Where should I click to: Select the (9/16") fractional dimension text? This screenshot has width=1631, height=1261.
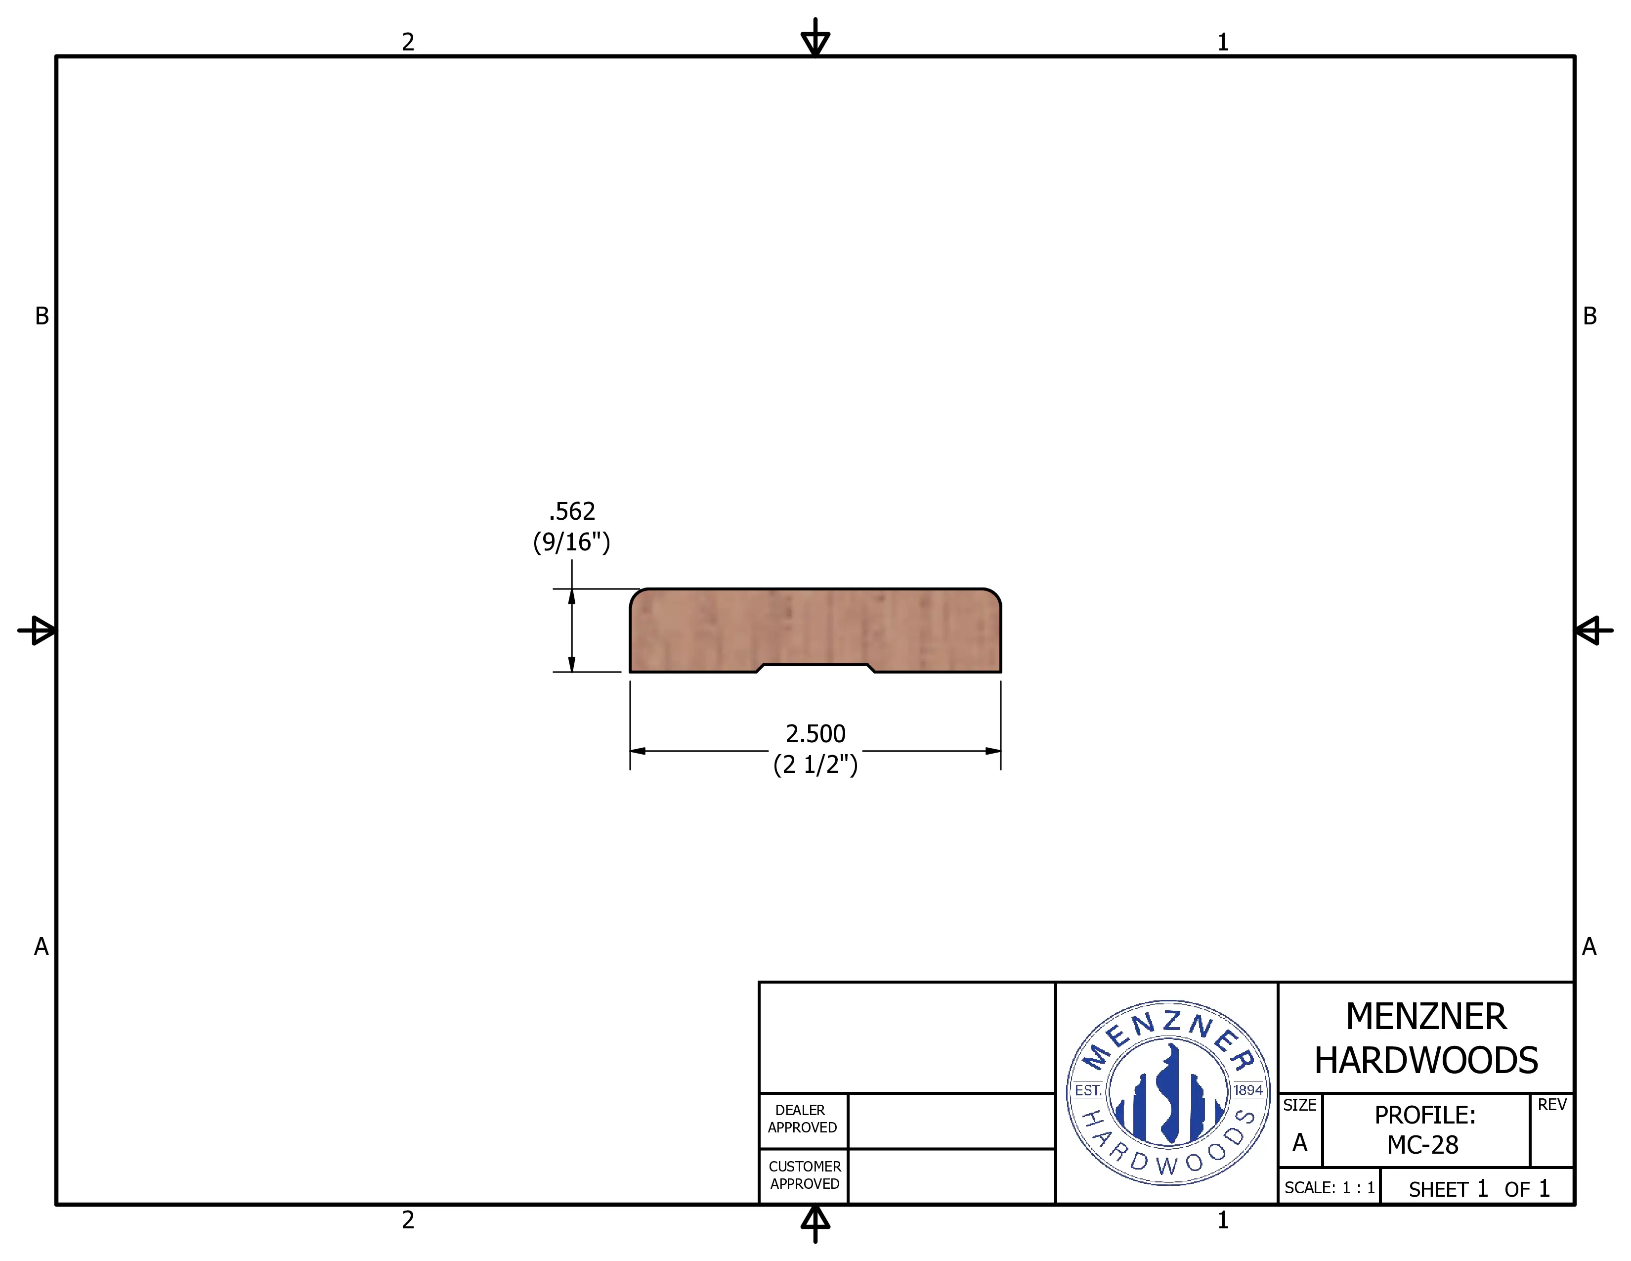coord(571,541)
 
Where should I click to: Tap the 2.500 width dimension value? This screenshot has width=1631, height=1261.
coord(815,733)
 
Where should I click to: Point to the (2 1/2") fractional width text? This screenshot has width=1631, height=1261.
coord(815,764)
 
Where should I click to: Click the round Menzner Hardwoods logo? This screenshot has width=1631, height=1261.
coord(1168,1092)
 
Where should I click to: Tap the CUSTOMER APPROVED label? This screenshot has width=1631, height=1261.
coord(804,1175)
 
